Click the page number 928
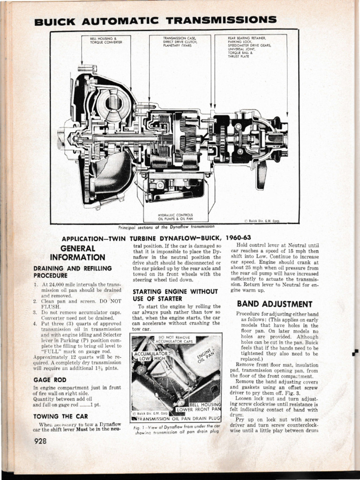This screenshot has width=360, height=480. tap(41, 441)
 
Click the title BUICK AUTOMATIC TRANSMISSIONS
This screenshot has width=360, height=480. tap(155, 21)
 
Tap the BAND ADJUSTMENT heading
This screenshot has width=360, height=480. tap(274, 304)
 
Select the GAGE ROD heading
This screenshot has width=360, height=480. tap(50, 380)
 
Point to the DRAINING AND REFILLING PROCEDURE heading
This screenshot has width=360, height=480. tap(73, 272)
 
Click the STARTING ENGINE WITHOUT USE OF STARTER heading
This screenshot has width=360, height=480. tap(169, 295)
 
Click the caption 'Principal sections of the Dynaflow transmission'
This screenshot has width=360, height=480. tap(166, 227)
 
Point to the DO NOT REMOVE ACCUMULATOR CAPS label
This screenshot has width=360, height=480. tap(174, 339)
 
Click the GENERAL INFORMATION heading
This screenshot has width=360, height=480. tap(78, 253)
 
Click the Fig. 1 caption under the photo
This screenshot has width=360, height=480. tap(176, 429)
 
